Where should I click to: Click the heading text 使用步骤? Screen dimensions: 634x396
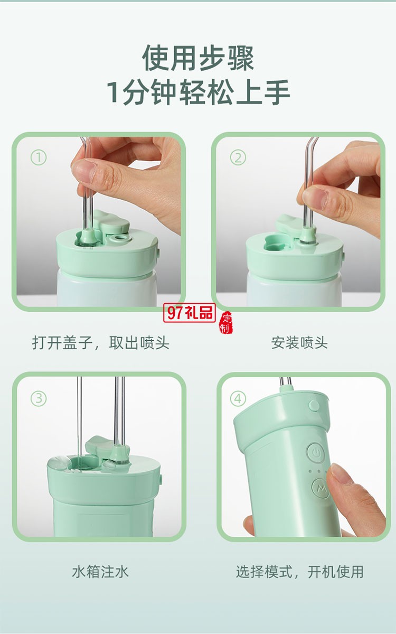(x=198, y=58)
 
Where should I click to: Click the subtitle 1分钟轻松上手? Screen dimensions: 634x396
(x=198, y=92)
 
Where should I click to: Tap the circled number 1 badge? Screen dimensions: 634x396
(x=39, y=157)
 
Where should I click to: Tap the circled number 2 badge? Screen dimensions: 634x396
(x=238, y=157)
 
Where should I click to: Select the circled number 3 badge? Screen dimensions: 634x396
(x=39, y=398)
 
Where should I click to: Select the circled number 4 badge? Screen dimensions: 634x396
(x=239, y=398)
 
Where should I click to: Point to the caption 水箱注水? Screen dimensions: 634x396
(x=100, y=571)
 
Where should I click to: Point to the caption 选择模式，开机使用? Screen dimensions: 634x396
(x=299, y=571)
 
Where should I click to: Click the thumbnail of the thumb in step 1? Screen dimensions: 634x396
(x=84, y=170)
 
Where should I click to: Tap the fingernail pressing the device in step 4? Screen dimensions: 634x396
(x=340, y=475)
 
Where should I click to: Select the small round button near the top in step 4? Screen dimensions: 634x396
(x=314, y=405)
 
